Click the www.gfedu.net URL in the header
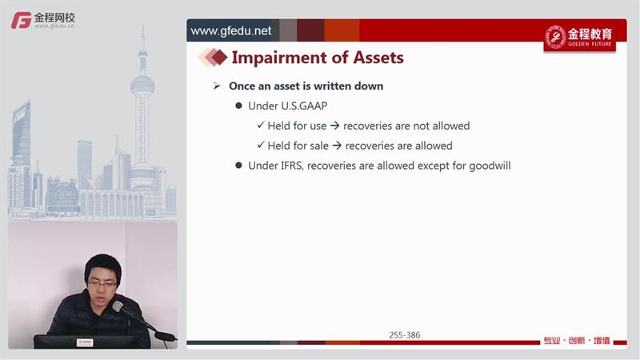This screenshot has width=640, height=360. pos(231,31)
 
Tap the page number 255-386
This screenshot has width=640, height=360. pos(405,335)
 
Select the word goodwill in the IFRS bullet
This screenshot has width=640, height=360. pos(490,166)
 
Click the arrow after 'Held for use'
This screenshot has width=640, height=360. pos(334,126)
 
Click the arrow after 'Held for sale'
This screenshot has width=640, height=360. pos(337,146)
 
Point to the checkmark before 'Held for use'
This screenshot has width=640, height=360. pos(261,125)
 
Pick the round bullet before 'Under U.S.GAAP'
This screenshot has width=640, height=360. pos(238,106)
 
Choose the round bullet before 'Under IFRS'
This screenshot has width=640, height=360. pos(238,166)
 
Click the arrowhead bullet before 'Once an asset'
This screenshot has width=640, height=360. pos(217,86)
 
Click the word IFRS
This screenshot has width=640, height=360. pos(291,166)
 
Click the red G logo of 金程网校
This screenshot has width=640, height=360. pos(22,20)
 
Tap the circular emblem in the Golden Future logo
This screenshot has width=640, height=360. pos(555,37)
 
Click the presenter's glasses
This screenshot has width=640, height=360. pos(102,283)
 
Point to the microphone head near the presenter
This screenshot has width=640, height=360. pos(118,306)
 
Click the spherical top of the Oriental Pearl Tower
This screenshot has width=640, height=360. pos(142,86)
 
